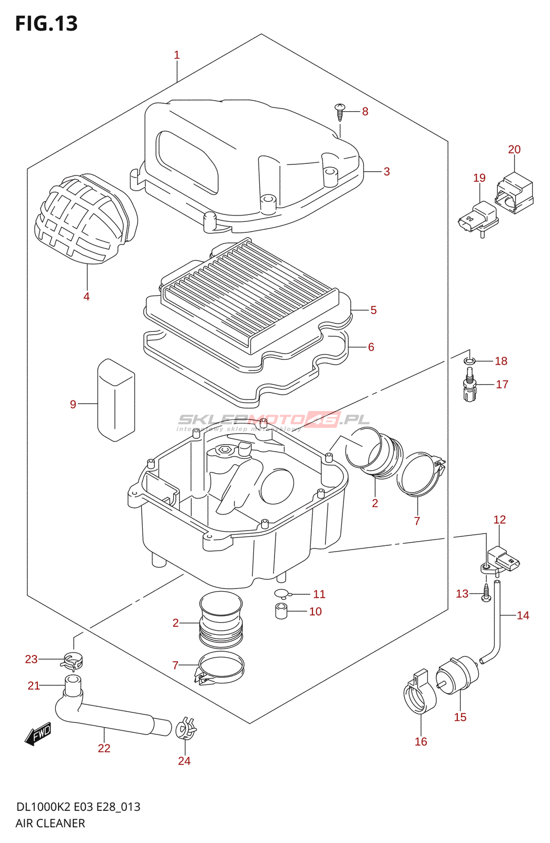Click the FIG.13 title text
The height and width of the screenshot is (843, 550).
[x=46, y=24]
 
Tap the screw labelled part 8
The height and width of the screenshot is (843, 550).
[x=340, y=111]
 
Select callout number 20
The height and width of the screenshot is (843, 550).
[x=514, y=150]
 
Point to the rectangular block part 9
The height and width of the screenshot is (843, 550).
[x=116, y=400]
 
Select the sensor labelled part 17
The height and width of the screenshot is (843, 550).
[x=470, y=387]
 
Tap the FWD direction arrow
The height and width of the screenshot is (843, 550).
[x=38, y=733]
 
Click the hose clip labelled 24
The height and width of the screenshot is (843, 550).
[x=185, y=729]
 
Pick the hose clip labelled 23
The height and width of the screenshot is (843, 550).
[x=73, y=659]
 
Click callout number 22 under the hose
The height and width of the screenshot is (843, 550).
[x=104, y=748]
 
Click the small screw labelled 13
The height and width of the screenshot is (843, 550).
[x=486, y=594]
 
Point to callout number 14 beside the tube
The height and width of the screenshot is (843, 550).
[x=523, y=615]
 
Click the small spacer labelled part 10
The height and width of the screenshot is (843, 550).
[x=281, y=612]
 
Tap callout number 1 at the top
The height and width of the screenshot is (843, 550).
[x=177, y=55]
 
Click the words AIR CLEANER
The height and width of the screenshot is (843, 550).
[x=50, y=823]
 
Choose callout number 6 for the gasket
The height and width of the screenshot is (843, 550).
[x=371, y=347]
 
